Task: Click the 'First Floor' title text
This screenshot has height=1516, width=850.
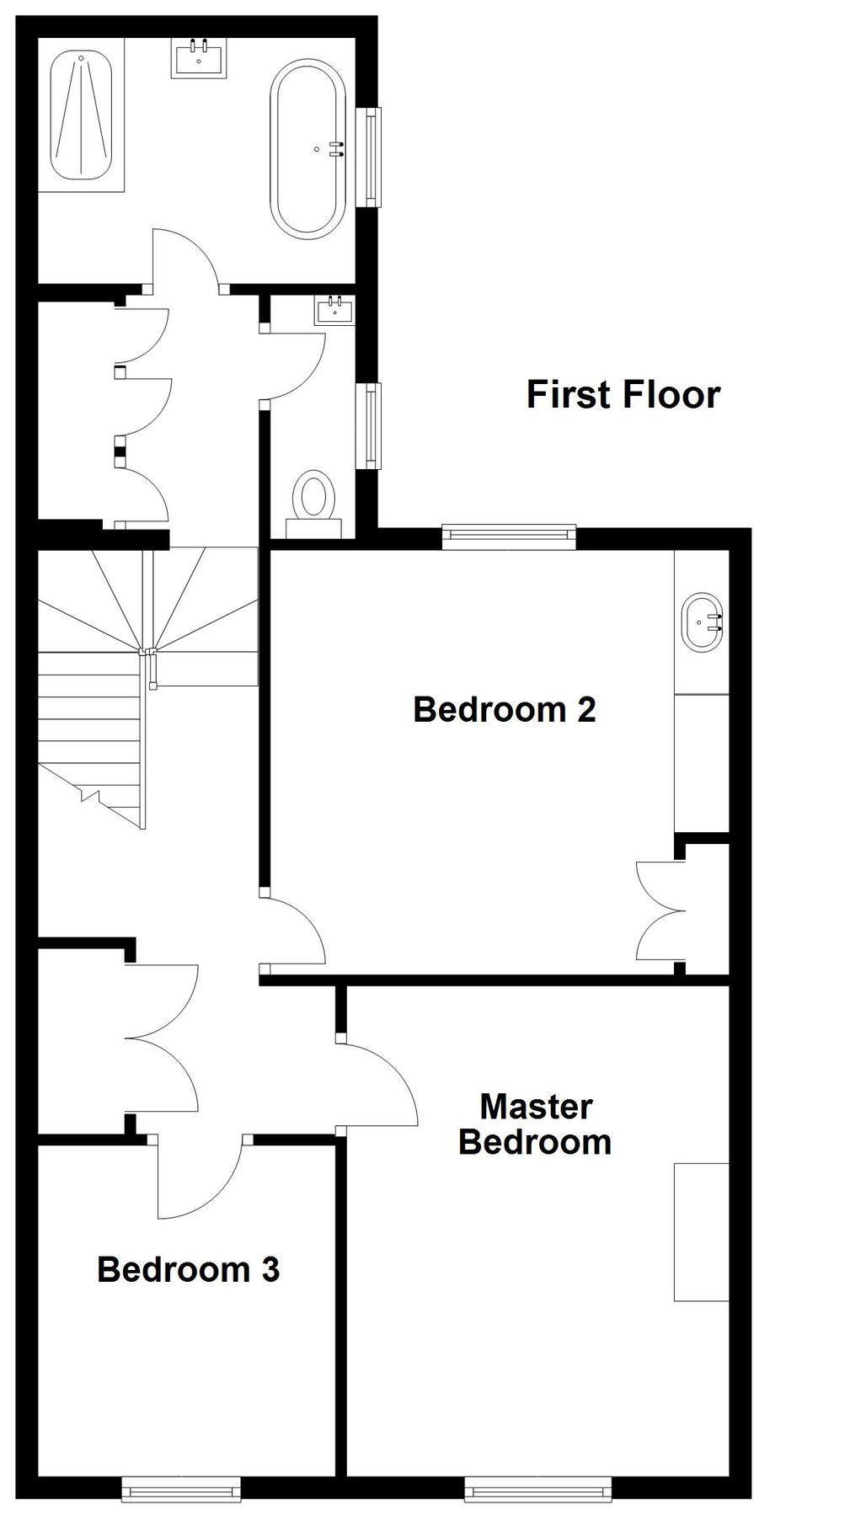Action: [623, 395]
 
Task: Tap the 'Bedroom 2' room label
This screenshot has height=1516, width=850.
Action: [504, 709]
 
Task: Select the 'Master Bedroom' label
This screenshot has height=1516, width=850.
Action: [535, 1124]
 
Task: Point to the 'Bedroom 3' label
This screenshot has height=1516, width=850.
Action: [188, 1268]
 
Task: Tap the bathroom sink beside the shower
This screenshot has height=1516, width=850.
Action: [199, 57]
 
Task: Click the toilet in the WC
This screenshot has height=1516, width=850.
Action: [314, 504]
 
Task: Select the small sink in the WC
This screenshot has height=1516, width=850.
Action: [334, 310]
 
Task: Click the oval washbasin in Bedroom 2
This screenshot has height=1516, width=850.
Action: [702, 622]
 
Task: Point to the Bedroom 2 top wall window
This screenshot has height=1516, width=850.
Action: [510, 536]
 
